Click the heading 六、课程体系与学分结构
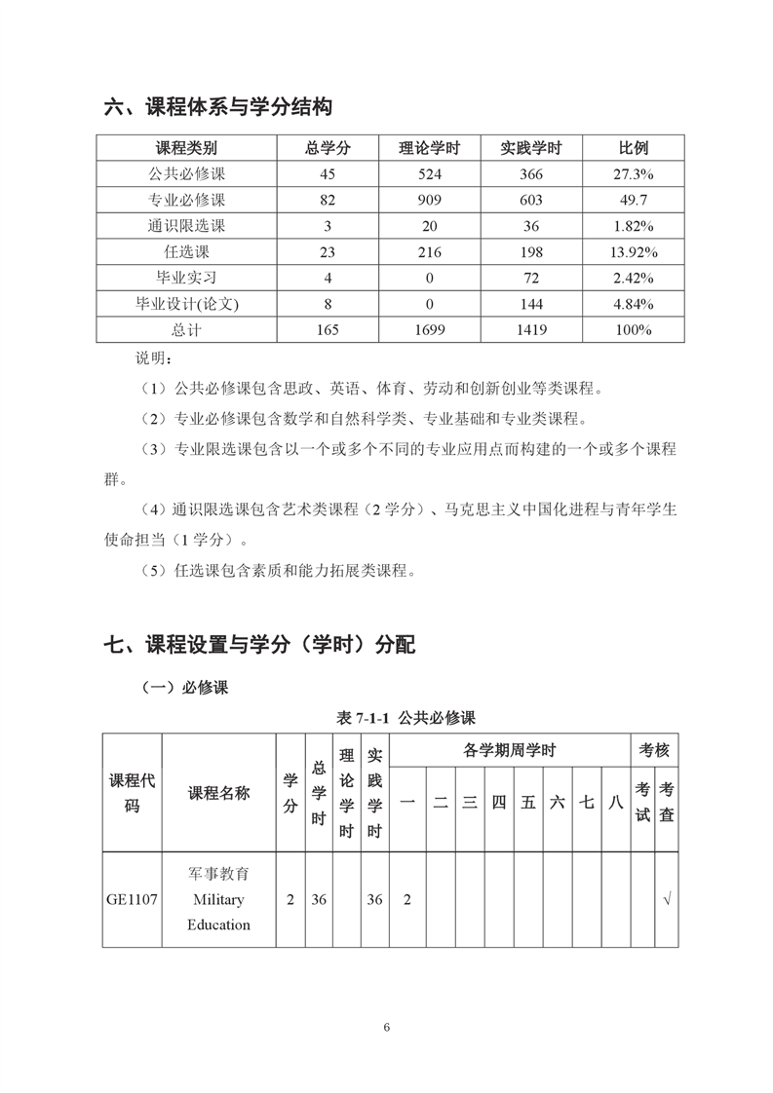click(224, 106)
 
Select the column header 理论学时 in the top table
click(429, 148)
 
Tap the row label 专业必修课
click(186, 200)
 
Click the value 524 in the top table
click(429, 174)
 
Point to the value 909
click(429, 200)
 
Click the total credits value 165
click(328, 329)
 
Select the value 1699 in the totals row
click(429, 329)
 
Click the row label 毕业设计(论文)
click(186, 304)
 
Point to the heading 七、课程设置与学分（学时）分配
click(259, 644)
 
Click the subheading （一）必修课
click(184, 688)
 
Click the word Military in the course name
click(218, 899)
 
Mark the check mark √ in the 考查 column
click(666, 899)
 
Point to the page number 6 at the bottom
click(387, 1028)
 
